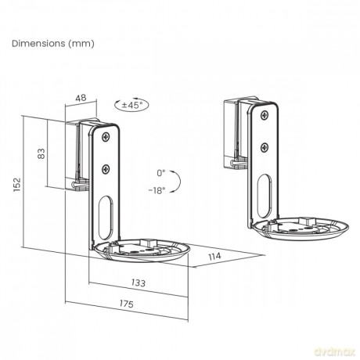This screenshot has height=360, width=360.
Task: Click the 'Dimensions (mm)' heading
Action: (53, 43)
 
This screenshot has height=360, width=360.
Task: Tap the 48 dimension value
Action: (81, 98)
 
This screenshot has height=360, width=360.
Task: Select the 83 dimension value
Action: (41, 153)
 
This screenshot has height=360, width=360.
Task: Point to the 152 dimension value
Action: (17, 185)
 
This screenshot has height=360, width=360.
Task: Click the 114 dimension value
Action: (214, 257)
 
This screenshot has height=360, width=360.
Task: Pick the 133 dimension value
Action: (139, 283)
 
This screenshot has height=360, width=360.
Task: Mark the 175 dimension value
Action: (127, 304)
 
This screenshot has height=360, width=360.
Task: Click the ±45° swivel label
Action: (132, 105)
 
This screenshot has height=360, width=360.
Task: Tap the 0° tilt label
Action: (161, 173)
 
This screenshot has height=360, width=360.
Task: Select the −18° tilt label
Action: (157, 190)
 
